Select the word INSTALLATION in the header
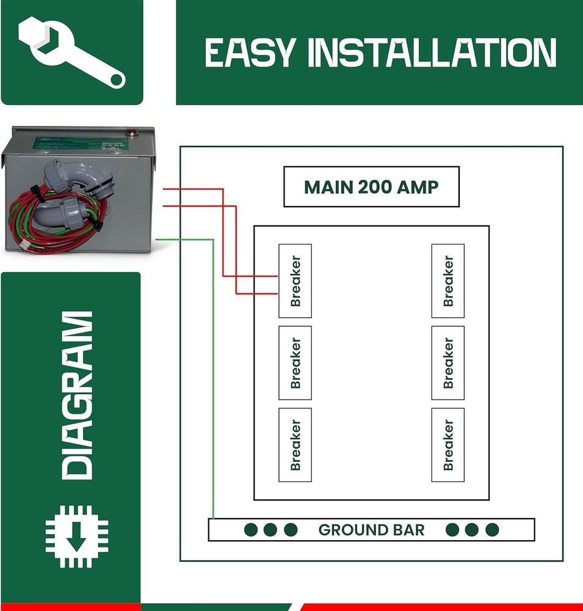433,53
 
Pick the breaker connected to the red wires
295,281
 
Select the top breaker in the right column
447,281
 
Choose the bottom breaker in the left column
295,445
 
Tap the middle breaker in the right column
447,363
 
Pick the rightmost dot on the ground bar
492,530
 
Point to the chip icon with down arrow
77,537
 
